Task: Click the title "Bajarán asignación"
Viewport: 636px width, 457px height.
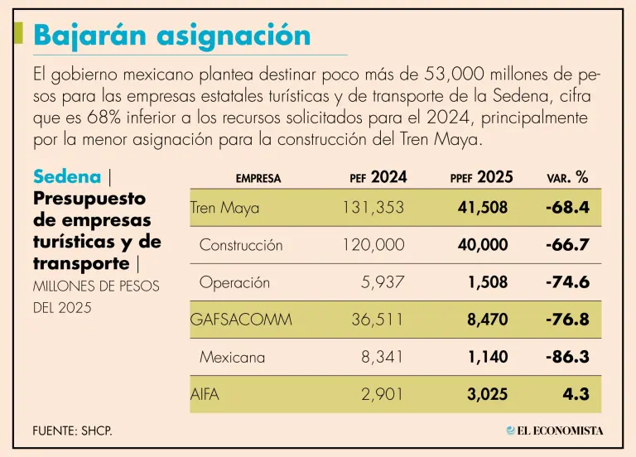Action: click(x=172, y=35)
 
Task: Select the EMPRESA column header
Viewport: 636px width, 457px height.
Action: click(x=258, y=178)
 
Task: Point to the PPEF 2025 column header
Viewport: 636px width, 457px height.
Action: click(x=481, y=176)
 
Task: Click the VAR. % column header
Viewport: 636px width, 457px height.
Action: click(x=567, y=177)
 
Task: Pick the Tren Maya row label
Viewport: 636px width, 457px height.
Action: click(x=224, y=208)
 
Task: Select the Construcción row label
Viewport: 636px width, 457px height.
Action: click(x=241, y=245)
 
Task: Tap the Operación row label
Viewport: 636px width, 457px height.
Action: click(x=234, y=282)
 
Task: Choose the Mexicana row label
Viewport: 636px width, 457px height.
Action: click(x=232, y=357)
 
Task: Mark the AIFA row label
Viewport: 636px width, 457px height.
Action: click(x=205, y=394)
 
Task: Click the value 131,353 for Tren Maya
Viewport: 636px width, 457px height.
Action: click(x=373, y=208)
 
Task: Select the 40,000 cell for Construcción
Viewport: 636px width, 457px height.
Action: click(x=482, y=245)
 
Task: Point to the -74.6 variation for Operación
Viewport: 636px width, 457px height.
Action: click(x=567, y=282)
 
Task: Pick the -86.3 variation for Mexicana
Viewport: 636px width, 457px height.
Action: click(x=567, y=357)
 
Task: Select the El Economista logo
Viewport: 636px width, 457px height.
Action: click(x=555, y=431)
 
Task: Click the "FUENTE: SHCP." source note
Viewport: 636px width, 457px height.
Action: click(x=72, y=431)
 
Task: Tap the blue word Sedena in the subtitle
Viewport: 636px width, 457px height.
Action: click(x=67, y=176)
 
